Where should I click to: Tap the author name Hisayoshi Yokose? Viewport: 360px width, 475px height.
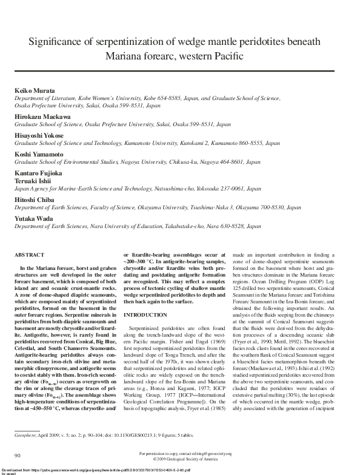coord(38,135)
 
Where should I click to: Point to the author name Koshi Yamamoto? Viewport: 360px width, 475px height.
coord(38,154)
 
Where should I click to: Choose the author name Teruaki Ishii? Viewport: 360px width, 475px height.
coord(33,181)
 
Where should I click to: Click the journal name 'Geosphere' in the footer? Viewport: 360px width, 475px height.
coord(26,434)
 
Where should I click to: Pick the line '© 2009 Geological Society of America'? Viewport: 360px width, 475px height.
coord(179,458)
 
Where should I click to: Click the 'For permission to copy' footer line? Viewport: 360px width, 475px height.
coord(179,453)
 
